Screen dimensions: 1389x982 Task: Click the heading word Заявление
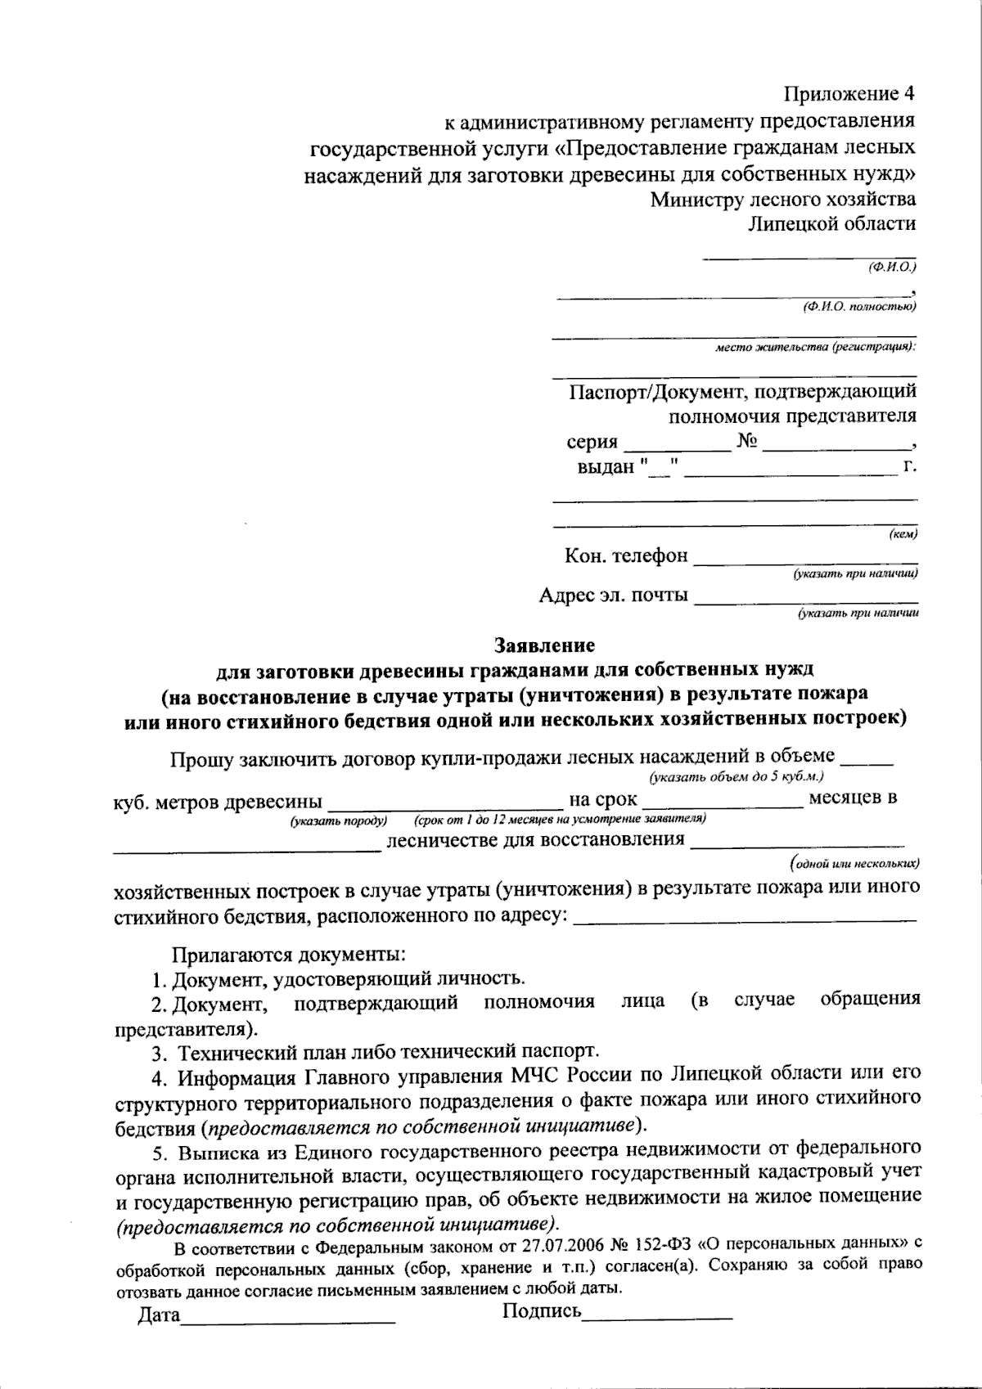tap(543, 645)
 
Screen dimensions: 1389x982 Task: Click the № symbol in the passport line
tap(749, 442)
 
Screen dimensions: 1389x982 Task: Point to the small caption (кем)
tap(902, 535)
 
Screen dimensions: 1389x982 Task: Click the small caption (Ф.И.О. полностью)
tap(859, 307)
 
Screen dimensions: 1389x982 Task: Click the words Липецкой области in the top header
tap(833, 224)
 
